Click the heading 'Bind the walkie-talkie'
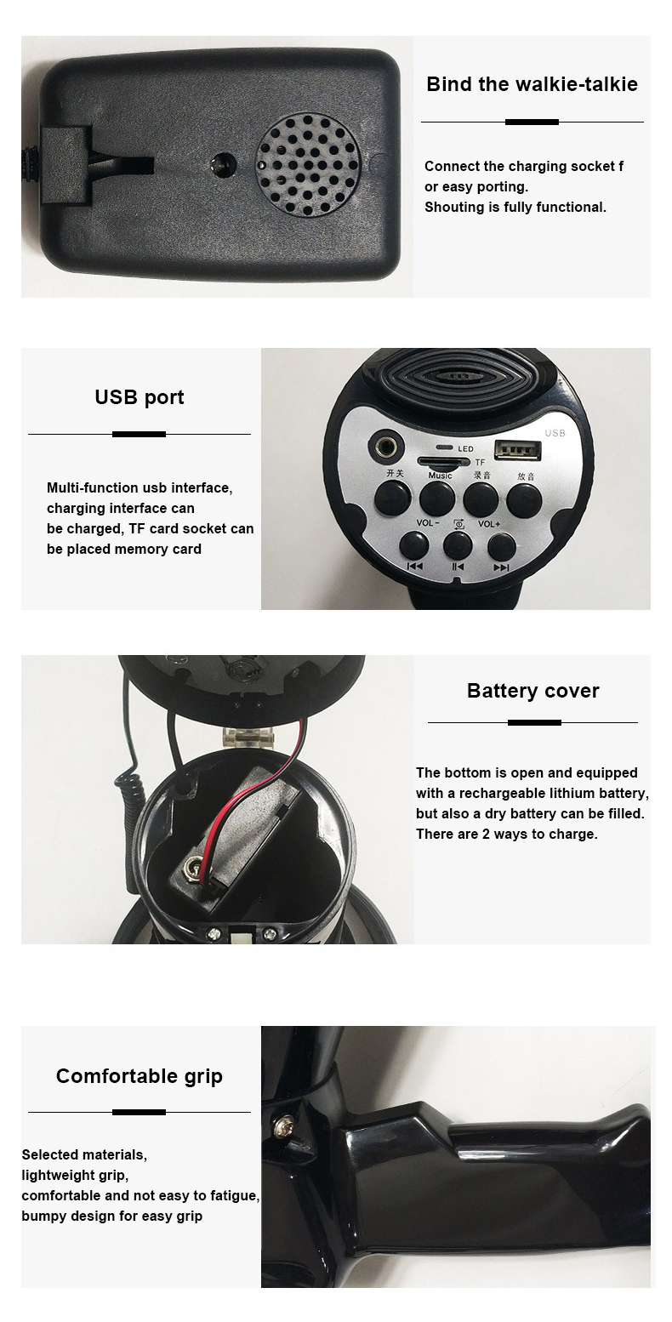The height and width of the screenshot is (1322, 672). (532, 84)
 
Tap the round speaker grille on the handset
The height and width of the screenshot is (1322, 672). (307, 165)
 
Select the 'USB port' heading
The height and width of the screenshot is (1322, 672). (140, 398)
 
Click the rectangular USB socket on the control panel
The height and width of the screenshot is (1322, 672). (518, 450)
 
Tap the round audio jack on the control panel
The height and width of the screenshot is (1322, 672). (386, 446)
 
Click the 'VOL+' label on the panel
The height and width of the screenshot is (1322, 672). (489, 524)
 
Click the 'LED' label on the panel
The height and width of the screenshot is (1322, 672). (465, 449)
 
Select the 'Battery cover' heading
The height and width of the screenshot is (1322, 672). (532, 691)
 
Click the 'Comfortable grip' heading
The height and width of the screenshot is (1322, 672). (140, 1076)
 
